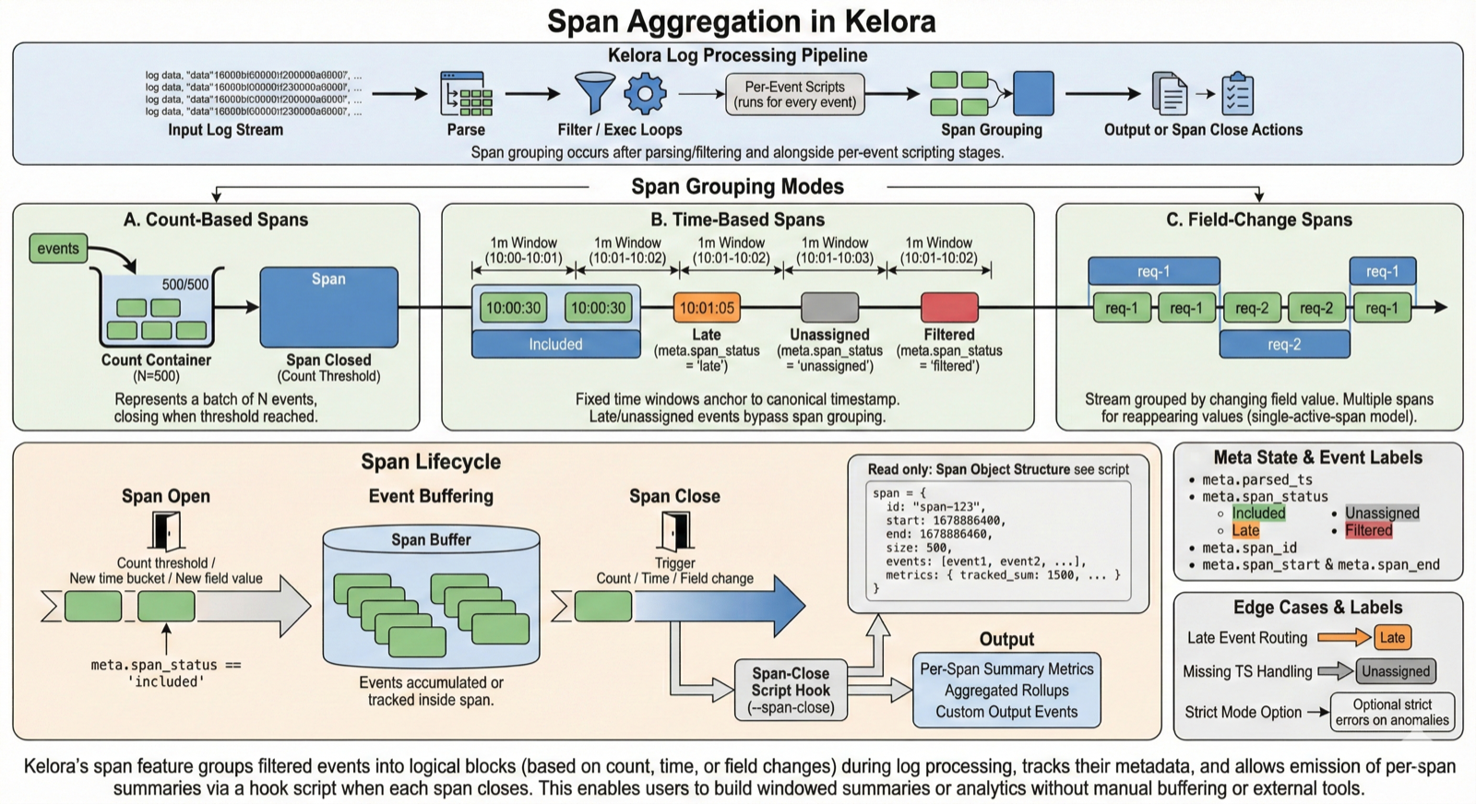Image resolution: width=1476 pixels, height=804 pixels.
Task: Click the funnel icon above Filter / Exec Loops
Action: coord(594,93)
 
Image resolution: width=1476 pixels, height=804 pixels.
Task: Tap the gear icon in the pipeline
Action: coord(645,93)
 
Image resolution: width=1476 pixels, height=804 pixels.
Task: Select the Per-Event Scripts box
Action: coord(794,94)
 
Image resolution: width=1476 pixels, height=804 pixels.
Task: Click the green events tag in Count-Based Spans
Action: coord(58,248)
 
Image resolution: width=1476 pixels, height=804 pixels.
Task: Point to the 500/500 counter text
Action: coord(185,285)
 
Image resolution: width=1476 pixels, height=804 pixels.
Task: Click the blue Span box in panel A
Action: coord(328,305)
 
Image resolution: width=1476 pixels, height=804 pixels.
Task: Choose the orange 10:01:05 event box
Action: coord(707,308)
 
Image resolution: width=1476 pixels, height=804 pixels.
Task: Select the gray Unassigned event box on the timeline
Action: coord(829,307)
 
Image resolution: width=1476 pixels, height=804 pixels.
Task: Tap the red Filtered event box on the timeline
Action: coord(949,307)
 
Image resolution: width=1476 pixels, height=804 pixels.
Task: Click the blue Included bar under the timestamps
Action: coord(555,344)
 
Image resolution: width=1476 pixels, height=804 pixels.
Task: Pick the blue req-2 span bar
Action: coord(1284,344)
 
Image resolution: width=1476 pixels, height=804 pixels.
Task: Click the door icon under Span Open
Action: coord(165,531)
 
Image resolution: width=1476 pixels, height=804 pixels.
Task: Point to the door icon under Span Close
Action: coord(675,531)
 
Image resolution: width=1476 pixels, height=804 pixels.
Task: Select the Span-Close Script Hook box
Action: coord(791,691)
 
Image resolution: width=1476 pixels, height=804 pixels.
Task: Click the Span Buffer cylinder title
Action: coord(431,539)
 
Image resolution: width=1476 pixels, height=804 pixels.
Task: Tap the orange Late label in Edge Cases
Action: coord(1392,637)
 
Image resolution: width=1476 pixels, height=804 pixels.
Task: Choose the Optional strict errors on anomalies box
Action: coord(1392,712)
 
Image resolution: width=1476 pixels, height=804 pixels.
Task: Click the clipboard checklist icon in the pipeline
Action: coord(1238,93)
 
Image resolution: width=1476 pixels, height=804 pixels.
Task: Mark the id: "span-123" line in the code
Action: coord(935,506)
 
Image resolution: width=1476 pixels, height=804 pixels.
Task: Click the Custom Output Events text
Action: coord(1006,712)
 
